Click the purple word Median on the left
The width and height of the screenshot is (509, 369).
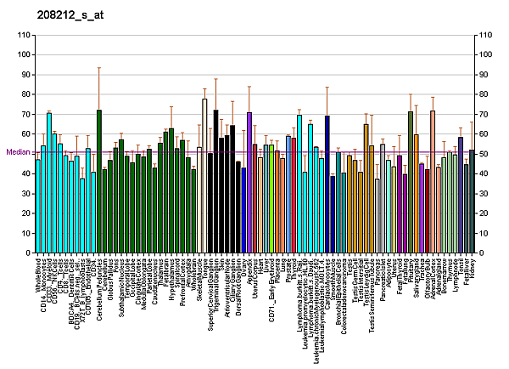[17, 152]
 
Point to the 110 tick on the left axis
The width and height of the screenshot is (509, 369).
[22, 35]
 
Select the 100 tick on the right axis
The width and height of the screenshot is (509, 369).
[485, 54]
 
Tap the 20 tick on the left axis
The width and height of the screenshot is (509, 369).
[24, 213]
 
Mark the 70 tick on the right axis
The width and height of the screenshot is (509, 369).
[484, 114]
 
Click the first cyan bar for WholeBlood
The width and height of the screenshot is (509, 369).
[38, 206]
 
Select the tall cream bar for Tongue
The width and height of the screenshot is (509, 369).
[204, 176]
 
